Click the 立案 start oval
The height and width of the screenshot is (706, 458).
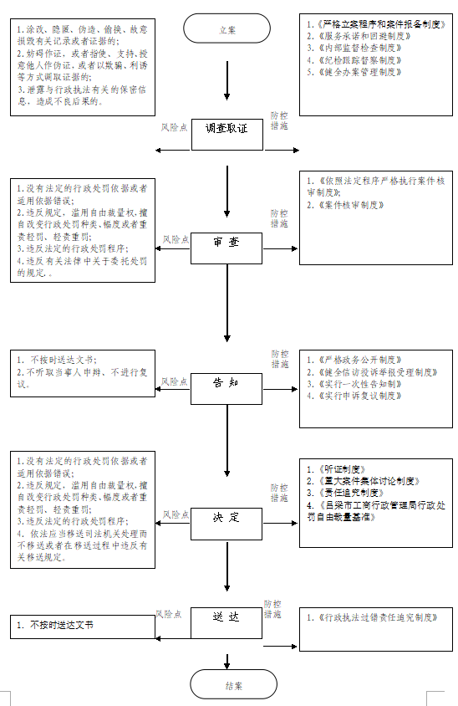click(x=227, y=29)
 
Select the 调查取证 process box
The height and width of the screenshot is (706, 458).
click(x=227, y=130)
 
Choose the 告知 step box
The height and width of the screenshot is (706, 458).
click(x=227, y=382)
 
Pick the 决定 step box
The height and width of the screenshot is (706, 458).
click(x=227, y=517)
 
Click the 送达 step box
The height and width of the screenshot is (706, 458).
click(x=227, y=616)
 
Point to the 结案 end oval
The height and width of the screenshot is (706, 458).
click(x=233, y=684)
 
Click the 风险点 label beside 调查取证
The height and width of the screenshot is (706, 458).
click(x=176, y=128)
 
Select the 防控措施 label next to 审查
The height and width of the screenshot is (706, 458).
click(x=279, y=218)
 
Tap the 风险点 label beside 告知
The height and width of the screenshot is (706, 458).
click(x=176, y=381)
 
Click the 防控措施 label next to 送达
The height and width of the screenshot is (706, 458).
click(x=272, y=608)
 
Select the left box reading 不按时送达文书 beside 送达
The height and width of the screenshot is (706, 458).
click(x=82, y=625)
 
